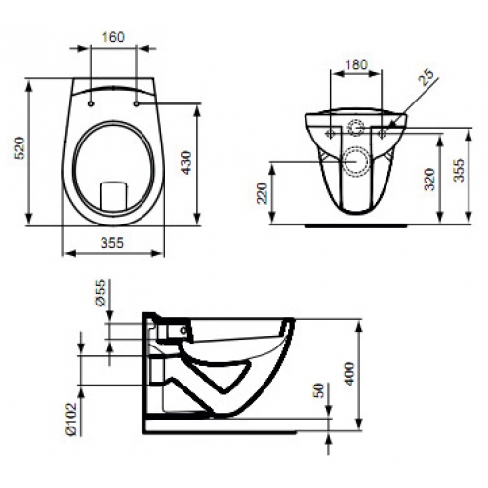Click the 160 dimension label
pos(113,37)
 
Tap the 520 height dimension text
pos(20,148)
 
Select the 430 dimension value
pos(186,163)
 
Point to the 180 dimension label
pos(356,64)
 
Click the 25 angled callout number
pos(427,77)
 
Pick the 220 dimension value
pos(262,193)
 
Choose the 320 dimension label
pos(429,180)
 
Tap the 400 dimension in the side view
pos(349,374)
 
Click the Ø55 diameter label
pos(101,292)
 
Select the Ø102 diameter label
pos(71,419)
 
